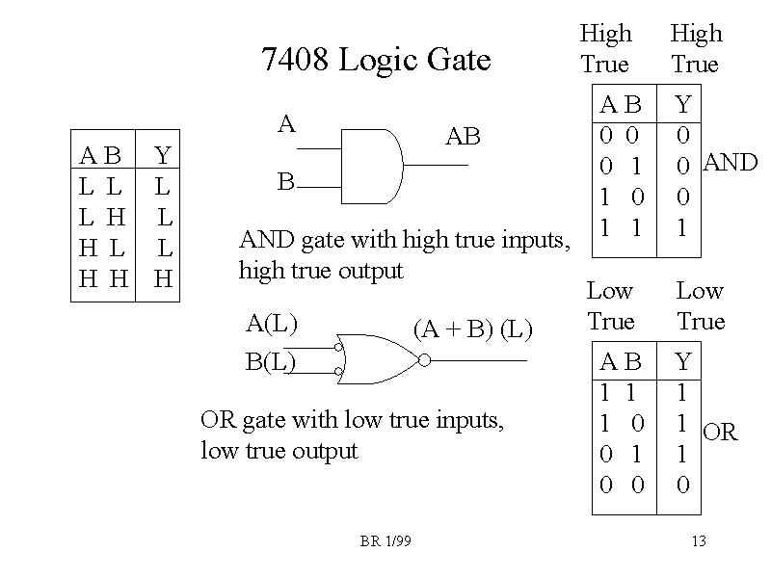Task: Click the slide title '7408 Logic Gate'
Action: (x=376, y=61)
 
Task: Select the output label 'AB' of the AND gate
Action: (x=463, y=138)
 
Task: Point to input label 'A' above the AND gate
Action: (x=286, y=124)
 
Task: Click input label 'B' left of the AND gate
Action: (x=285, y=181)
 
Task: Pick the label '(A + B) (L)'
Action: (x=472, y=329)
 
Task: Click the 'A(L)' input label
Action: (x=272, y=324)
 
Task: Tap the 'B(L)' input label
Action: (x=271, y=362)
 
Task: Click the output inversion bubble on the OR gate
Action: (x=423, y=360)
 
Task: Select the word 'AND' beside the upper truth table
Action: (x=731, y=163)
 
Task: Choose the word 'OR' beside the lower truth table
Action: (x=720, y=433)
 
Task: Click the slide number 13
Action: (x=699, y=541)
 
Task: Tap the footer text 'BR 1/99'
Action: (x=385, y=541)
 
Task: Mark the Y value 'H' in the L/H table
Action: (x=163, y=279)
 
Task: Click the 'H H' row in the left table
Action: (x=103, y=279)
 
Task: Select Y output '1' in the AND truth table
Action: (x=683, y=228)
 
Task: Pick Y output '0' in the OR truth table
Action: (x=683, y=485)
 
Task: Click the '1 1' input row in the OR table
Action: (x=620, y=393)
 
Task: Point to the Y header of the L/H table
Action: (x=162, y=155)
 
